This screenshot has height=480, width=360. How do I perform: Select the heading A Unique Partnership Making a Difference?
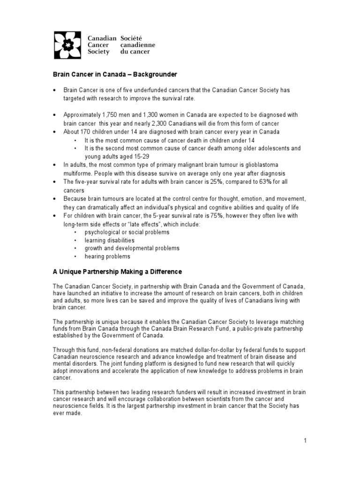click(116, 271)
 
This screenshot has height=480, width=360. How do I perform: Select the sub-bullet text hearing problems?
click(107, 256)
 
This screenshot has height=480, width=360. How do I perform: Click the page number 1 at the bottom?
click(305, 440)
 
